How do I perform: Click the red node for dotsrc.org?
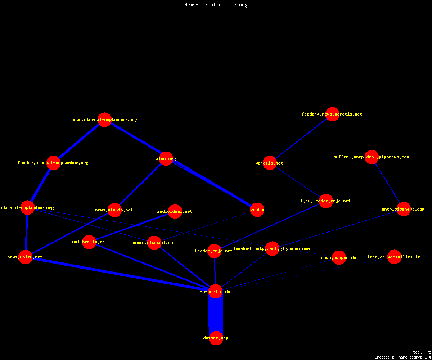click(x=216, y=338)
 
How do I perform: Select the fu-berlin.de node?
click(x=215, y=291)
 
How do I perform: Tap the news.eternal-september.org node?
click(x=104, y=120)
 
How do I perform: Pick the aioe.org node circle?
click(x=166, y=159)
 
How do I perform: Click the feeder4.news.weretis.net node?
click(x=333, y=114)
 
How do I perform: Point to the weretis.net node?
click(x=270, y=163)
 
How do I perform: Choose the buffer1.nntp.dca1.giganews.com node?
click(x=372, y=157)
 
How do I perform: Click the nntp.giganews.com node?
click(x=404, y=209)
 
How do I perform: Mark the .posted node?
click(x=257, y=210)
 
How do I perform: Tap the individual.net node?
click(x=175, y=211)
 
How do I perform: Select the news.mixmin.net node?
click(x=114, y=210)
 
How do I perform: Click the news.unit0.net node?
click(x=26, y=257)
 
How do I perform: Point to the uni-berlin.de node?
click(x=89, y=242)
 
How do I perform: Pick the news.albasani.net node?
click(x=154, y=243)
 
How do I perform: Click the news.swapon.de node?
click(x=339, y=258)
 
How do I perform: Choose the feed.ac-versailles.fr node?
click(x=394, y=257)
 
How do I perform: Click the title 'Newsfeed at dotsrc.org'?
click(x=216, y=5)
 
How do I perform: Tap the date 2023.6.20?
click(x=421, y=352)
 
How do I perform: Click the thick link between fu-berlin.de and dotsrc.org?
click(x=216, y=315)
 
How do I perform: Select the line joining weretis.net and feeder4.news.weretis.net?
click(x=301, y=139)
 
